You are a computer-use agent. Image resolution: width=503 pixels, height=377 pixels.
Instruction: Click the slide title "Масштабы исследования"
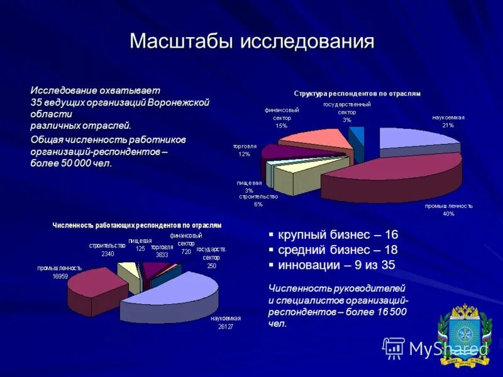pos(251,41)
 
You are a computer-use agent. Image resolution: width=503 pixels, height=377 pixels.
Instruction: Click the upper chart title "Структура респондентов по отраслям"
pos(357,93)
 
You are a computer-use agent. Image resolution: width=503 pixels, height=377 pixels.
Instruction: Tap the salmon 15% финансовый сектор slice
pos(314,141)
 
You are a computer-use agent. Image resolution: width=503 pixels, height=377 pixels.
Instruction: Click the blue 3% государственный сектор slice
pos(357,135)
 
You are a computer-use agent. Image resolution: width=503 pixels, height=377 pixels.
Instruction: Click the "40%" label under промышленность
pos(448,214)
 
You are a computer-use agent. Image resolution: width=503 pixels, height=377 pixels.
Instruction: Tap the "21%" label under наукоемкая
pos(448,125)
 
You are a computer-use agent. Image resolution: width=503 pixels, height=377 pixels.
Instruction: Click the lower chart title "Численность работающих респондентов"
pos(136,224)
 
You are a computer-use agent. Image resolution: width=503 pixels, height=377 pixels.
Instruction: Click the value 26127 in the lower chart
pos(226,326)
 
